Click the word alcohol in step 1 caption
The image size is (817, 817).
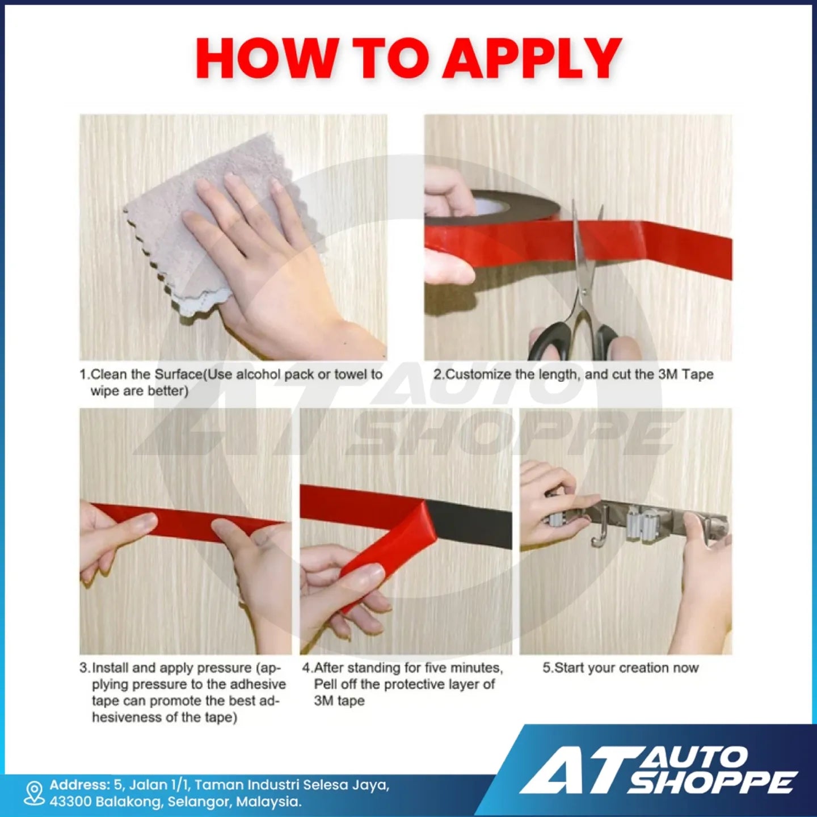(x=255, y=374)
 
